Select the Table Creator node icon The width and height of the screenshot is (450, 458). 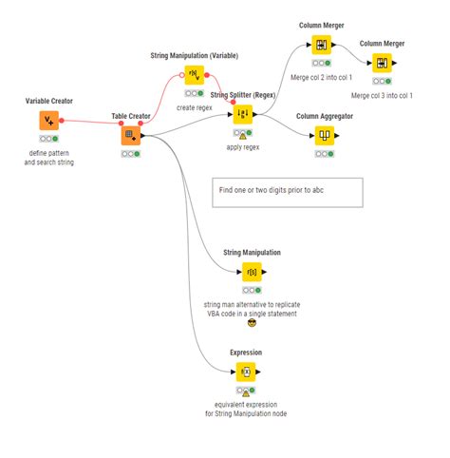tap(131, 135)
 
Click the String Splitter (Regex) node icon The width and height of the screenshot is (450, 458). tap(243, 114)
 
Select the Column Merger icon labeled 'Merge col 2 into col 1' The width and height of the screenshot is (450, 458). tap(321, 45)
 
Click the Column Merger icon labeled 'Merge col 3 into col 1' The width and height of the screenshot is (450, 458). tap(382, 63)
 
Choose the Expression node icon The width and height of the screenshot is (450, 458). tap(245, 372)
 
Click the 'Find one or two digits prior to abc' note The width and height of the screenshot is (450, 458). tap(289, 191)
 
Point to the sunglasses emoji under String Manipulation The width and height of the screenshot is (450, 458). tap(252, 323)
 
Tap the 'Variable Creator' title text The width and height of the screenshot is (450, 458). tap(49, 101)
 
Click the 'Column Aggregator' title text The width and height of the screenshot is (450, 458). tap(325, 115)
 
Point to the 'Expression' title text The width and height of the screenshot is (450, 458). tap(245, 353)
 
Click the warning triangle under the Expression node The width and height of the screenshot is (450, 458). tap(245, 391)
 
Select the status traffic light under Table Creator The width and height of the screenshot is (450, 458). tap(131, 154)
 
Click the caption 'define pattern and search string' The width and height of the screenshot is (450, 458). tap(49, 157)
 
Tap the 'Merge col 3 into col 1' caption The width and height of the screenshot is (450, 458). tap(382, 95)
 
